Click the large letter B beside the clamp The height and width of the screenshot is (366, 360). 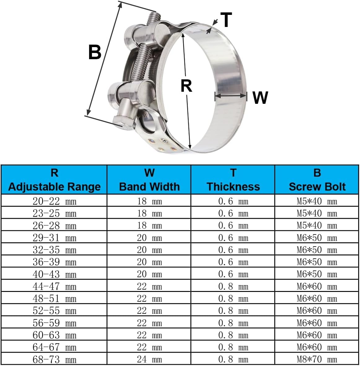[95, 52]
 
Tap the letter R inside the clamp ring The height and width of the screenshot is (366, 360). [186, 86]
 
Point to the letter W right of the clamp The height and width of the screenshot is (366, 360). [260, 98]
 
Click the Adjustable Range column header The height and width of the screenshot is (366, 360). [54, 180]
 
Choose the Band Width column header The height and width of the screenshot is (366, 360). [149, 180]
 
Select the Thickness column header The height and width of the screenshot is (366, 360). [233, 180]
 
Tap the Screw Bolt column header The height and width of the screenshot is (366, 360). [317, 180]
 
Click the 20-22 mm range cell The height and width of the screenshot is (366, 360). [54, 201]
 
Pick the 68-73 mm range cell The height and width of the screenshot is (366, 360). [54, 359]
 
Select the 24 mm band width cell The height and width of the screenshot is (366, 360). [149, 359]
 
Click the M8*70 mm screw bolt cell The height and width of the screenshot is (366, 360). [317, 359]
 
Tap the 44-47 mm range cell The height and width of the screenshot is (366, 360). [54, 286]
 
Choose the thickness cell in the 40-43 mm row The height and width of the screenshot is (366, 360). [233, 274]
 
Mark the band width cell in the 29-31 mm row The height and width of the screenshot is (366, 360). [149, 238]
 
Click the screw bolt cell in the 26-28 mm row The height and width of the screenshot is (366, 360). [317, 226]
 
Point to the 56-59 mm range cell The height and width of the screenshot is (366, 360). [54, 323]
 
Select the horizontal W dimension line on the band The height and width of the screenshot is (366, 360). [231, 96]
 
